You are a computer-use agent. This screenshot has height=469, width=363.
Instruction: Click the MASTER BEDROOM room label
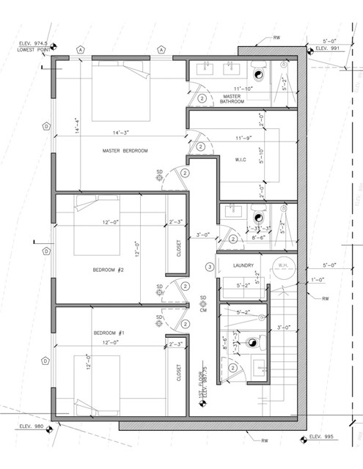125,150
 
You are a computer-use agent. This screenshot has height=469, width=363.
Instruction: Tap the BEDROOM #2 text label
108,269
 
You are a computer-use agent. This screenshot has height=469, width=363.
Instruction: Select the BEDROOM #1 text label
109,333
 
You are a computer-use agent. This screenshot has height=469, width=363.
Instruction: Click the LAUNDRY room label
243,265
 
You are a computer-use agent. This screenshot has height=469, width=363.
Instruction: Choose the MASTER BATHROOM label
232,98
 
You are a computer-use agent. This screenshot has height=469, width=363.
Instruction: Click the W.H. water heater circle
283,266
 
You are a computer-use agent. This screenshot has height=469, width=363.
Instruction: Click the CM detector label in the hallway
204,310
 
